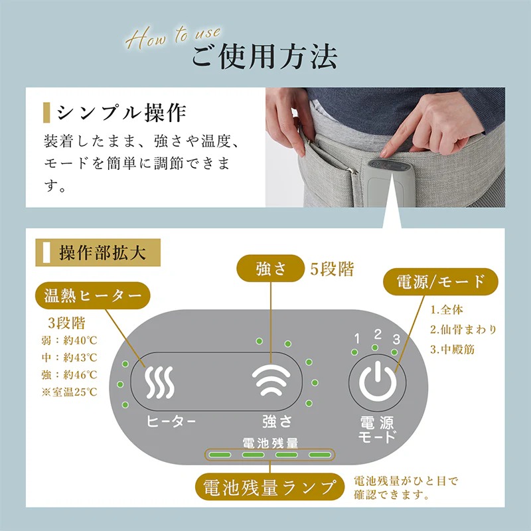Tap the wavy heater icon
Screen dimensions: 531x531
click(x=159, y=382)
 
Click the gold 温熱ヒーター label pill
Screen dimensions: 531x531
click(x=92, y=295)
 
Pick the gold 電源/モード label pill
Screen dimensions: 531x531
click(x=441, y=281)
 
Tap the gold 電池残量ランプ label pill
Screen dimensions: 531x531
click(x=270, y=487)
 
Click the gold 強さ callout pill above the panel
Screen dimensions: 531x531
click(x=271, y=268)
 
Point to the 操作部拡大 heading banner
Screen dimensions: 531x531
click(x=98, y=253)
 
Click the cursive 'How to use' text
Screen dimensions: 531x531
click(x=173, y=37)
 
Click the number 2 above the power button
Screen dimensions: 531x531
click(x=378, y=335)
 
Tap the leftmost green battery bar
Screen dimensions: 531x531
click(x=220, y=455)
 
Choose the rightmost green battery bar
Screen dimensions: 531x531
click(x=320, y=455)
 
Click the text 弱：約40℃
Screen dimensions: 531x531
click(x=70, y=341)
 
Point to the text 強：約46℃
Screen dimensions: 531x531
click(x=70, y=375)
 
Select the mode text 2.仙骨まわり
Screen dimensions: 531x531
click(x=463, y=329)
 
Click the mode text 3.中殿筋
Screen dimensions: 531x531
click(x=453, y=349)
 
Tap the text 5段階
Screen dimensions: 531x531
click(x=332, y=269)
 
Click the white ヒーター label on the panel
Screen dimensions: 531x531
click(x=171, y=421)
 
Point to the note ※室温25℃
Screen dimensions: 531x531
click(x=70, y=392)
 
